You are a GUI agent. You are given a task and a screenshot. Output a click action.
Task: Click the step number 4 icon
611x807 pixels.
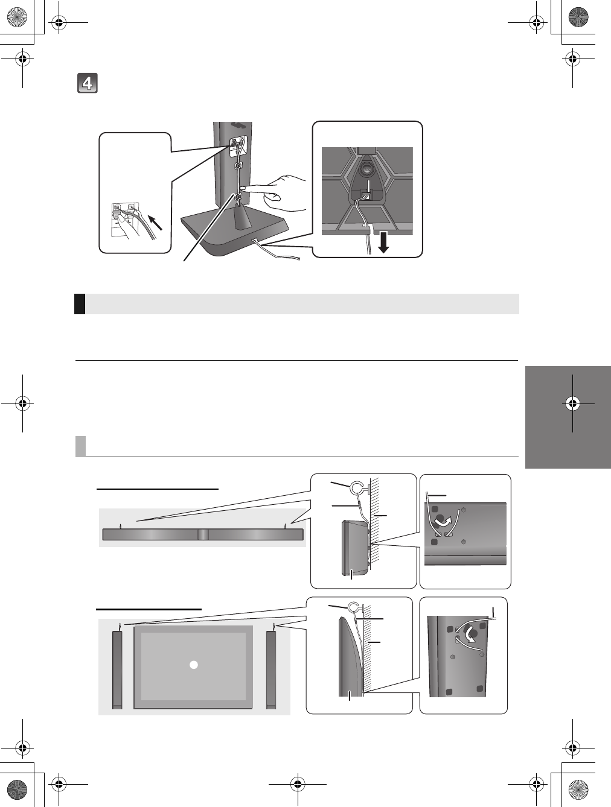pos(88,83)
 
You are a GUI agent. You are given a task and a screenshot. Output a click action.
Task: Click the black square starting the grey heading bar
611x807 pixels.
pos(80,303)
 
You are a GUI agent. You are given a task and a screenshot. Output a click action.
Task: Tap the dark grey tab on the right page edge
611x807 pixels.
pos(568,416)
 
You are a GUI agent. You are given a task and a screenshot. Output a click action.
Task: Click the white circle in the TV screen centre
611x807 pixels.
pos(193,665)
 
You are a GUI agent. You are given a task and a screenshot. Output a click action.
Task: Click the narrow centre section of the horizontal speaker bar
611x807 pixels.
pos(203,534)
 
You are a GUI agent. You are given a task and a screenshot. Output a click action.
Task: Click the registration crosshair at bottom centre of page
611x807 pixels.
pos(296,783)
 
